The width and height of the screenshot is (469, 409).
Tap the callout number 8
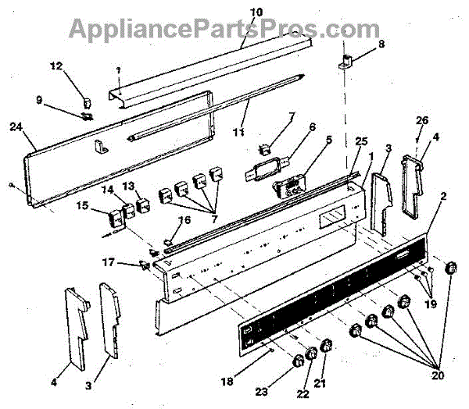click(x=381, y=44)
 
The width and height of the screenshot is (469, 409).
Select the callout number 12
click(x=55, y=66)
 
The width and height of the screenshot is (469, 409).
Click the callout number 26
click(x=421, y=121)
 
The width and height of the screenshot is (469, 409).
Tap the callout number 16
click(x=184, y=220)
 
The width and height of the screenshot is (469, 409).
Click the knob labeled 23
click(x=298, y=361)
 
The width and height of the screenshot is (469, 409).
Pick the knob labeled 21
click(x=327, y=347)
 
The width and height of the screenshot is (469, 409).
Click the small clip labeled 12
click(x=87, y=101)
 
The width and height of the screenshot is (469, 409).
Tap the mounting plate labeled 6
click(x=266, y=166)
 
